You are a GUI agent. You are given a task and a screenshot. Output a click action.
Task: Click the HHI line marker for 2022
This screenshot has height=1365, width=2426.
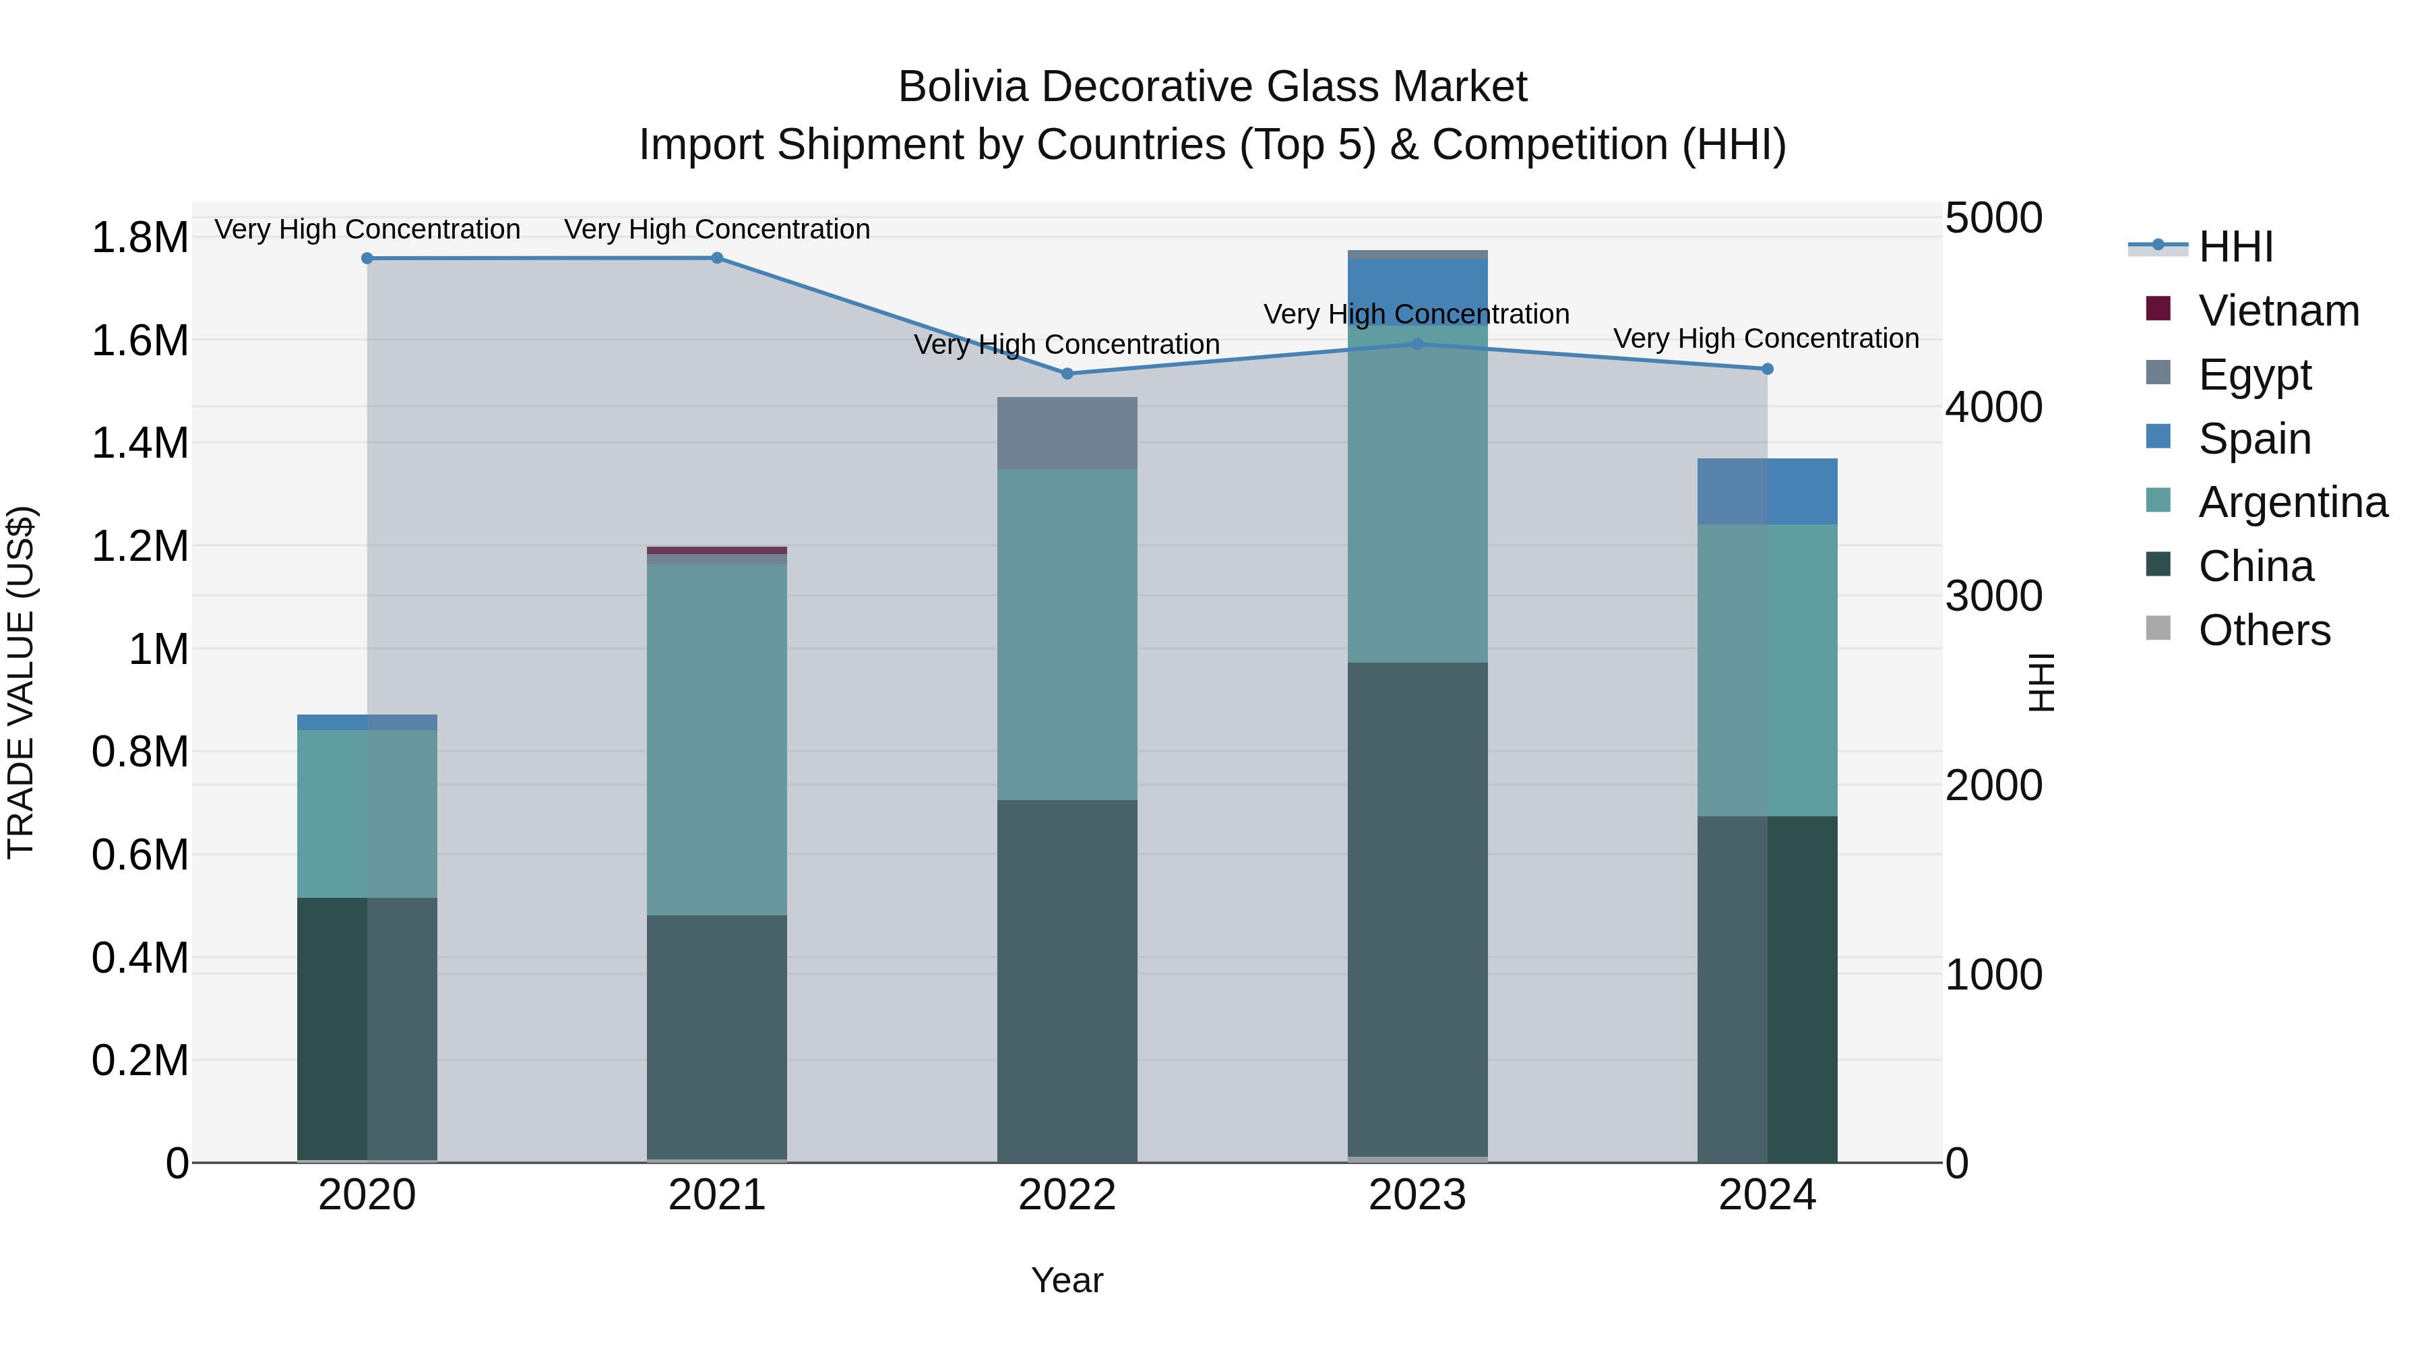click(1067, 374)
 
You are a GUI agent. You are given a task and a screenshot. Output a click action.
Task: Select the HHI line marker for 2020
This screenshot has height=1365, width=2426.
click(367, 258)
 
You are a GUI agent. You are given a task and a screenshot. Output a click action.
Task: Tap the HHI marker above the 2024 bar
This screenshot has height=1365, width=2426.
click(1767, 369)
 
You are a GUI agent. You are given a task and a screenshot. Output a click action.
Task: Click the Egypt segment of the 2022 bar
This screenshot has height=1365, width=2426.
click(1067, 433)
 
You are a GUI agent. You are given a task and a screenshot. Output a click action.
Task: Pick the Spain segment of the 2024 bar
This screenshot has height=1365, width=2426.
click(1767, 492)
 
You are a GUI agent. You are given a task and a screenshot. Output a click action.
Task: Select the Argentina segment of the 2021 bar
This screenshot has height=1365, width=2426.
click(717, 739)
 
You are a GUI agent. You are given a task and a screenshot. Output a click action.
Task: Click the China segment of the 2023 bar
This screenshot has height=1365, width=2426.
click(1417, 909)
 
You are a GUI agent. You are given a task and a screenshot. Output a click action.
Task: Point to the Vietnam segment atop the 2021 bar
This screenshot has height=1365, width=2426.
click(717, 550)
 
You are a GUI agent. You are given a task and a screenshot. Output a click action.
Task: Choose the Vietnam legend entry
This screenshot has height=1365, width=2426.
click(2278, 311)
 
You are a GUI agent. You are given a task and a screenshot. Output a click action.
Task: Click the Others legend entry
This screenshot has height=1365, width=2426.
click(2264, 630)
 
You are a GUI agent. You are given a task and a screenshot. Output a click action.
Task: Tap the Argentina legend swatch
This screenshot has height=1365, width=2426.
click(2158, 500)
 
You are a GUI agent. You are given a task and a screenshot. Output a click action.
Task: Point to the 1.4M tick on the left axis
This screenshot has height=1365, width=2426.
click(139, 443)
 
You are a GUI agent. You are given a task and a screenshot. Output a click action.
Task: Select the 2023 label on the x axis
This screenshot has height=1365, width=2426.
click(1417, 1195)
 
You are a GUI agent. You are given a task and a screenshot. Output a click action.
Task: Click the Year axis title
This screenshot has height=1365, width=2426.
click(1067, 1280)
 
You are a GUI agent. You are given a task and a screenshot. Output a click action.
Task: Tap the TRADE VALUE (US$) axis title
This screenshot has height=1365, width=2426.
click(21, 682)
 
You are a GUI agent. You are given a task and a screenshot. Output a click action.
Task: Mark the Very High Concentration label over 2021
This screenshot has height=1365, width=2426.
click(717, 229)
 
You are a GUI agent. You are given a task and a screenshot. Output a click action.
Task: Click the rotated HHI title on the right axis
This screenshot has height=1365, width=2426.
click(2040, 682)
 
